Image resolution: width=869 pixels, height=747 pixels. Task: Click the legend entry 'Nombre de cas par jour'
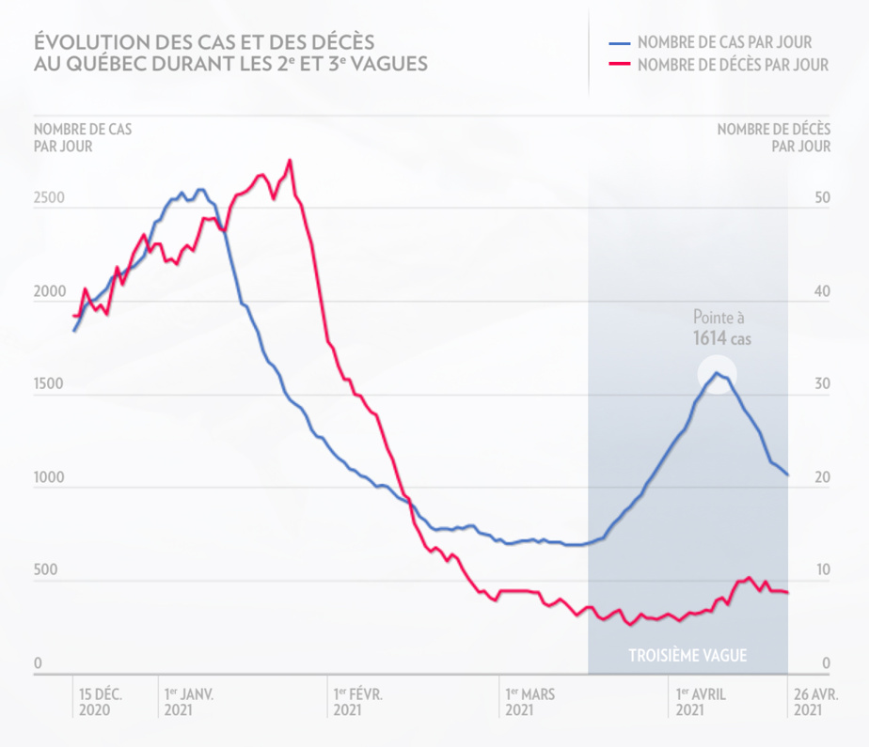723,42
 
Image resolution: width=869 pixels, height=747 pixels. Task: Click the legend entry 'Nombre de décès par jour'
732,65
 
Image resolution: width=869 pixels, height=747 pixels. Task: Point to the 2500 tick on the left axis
50,199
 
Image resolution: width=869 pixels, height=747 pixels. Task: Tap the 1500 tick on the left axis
50,385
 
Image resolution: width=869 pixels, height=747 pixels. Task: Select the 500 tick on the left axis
46,571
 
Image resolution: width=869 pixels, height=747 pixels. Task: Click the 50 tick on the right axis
822,199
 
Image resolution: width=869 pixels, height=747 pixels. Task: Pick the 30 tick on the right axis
822,385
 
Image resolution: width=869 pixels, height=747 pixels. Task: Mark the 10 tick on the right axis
822,571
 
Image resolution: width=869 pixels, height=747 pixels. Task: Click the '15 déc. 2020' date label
101,703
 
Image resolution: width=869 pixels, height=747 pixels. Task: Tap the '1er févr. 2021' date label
357,703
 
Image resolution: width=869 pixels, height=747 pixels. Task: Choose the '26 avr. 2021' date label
814,703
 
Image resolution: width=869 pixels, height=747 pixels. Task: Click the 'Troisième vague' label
687,656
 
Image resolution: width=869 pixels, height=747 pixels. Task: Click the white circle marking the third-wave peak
717,374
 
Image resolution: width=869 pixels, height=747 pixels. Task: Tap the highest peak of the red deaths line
290,161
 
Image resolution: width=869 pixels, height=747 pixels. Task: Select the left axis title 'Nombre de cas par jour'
83,137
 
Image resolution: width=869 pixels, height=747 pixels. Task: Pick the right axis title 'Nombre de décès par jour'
773,137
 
